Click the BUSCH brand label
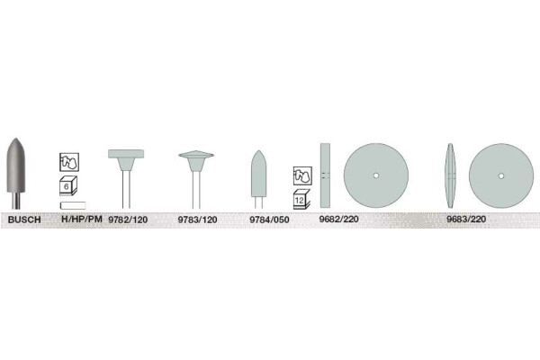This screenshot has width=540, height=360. click(24, 220)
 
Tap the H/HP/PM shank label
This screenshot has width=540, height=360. click(82, 219)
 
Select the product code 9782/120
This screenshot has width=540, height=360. click(128, 220)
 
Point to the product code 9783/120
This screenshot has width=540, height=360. click(197, 220)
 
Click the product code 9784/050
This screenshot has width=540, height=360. click(269, 220)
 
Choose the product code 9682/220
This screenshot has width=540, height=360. click(338, 219)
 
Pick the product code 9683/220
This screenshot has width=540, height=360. click(466, 219)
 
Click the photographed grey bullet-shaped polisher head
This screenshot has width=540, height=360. click(16, 166)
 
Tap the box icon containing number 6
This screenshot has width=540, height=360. click(68, 186)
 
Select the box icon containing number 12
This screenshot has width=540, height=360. click(301, 200)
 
